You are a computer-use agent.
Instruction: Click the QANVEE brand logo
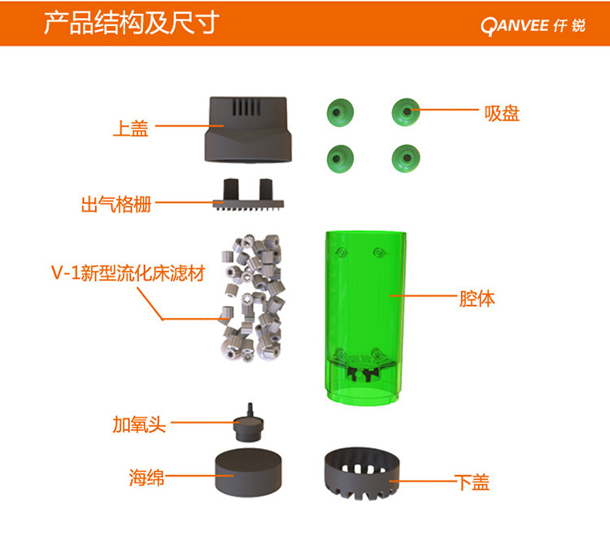533,26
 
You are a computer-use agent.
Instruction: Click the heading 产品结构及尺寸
132,23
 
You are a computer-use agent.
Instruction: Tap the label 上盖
131,128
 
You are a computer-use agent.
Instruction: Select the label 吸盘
502,114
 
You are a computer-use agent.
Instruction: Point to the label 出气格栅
116,204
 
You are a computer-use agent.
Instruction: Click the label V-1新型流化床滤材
128,272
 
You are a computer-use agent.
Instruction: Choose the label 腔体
477,299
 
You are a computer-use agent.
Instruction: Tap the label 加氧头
139,424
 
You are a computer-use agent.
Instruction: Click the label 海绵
146,477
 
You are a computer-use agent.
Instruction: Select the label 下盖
472,482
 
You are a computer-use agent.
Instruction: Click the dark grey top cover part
248,129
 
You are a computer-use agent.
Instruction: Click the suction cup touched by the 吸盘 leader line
406,112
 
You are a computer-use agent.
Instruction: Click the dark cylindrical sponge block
248,472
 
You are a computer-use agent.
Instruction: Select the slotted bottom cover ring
362,473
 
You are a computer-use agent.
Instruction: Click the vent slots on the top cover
246,107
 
